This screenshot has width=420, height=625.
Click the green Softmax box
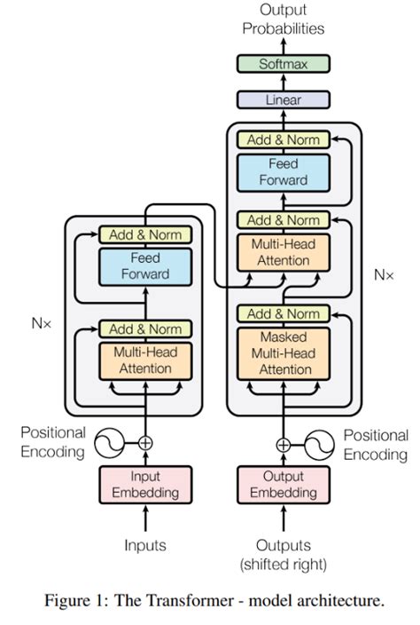pyautogui.click(x=283, y=64)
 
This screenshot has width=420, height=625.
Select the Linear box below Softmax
pyautogui.click(x=283, y=100)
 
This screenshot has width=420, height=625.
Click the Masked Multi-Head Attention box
pyautogui.click(x=284, y=353)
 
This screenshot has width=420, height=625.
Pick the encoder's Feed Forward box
pyautogui.click(x=145, y=265)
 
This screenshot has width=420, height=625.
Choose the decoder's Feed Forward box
pyautogui.click(x=283, y=171)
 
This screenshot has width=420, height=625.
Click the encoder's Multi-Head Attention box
pyautogui.click(x=145, y=360)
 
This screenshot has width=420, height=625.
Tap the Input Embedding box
pyautogui.click(x=145, y=484)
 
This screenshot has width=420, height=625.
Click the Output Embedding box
pyautogui.click(x=283, y=484)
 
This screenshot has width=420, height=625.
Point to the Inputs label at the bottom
pyautogui.click(x=145, y=544)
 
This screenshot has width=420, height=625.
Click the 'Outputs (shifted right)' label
pyautogui.click(x=283, y=553)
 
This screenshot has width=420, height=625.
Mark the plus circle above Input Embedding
pyautogui.click(x=145, y=441)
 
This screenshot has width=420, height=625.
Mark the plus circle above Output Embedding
pyautogui.click(x=283, y=445)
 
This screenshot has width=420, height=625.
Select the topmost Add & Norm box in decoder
pyautogui.click(x=283, y=139)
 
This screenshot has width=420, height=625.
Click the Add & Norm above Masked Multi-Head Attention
pyautogui.click(x=283, y=313)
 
